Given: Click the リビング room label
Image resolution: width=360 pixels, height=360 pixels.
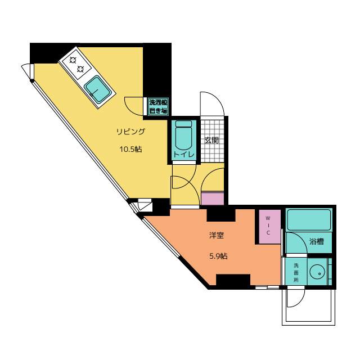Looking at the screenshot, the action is coord(131,132).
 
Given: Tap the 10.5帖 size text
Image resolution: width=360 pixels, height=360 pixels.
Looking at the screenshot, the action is coord(130,149).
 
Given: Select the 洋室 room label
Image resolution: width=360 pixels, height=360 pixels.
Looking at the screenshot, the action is coord(216,235).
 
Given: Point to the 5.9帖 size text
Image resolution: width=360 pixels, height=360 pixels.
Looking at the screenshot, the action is coord(218,256).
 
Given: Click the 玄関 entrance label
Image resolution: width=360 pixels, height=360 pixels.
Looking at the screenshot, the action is coord(211,140).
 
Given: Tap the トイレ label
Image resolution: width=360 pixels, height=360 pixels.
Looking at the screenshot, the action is coord(184,154).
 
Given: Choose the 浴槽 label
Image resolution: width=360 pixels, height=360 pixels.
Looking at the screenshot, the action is coord(317,241).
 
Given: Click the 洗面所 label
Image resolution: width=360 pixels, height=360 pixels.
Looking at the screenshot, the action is coord(296,273).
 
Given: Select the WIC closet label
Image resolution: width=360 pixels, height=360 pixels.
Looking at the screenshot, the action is coord(268,225).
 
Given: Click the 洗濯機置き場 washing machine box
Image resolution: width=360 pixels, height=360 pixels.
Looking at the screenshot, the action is coord(158,106).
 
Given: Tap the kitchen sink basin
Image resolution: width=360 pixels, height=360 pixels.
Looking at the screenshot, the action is coord(98,89).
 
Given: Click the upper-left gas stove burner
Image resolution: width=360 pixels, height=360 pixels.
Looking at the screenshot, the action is coord(73,60).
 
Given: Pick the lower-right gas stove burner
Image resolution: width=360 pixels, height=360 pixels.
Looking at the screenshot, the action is coord(80,69).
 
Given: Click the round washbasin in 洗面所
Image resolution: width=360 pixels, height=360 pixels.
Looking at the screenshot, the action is coord(317,272).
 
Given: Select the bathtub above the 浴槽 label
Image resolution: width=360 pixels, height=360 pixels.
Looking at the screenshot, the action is coord(309,220).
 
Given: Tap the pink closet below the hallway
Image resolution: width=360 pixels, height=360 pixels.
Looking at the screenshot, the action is coord(213,199).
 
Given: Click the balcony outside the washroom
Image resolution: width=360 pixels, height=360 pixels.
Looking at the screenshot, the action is coord(309,307).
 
